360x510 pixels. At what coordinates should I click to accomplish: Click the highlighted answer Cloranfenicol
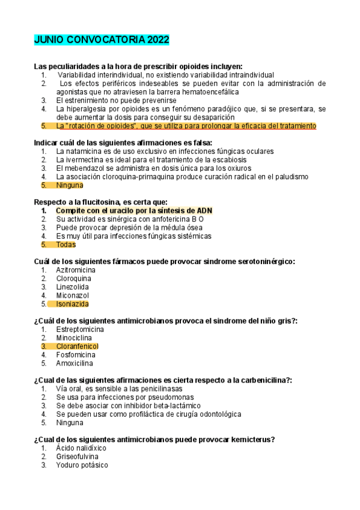tap(77, 346)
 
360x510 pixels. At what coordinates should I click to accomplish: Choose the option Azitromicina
tap(76, 270)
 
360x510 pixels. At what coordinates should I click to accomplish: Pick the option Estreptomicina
tap(80, 330)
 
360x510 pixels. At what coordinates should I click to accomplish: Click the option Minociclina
tap(75, 338)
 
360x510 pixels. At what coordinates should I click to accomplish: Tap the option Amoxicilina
tap(75, 363)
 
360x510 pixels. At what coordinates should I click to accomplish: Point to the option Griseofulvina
tap(77, 456)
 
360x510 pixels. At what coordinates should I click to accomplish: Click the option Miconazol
tap(72, 295)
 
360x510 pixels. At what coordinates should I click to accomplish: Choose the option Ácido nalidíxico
tap(81, 448)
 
